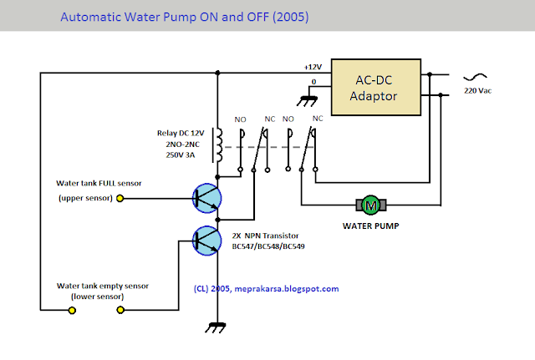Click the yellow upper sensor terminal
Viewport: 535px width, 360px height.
click(120, 198)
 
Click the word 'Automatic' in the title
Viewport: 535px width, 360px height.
click(94, 14)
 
